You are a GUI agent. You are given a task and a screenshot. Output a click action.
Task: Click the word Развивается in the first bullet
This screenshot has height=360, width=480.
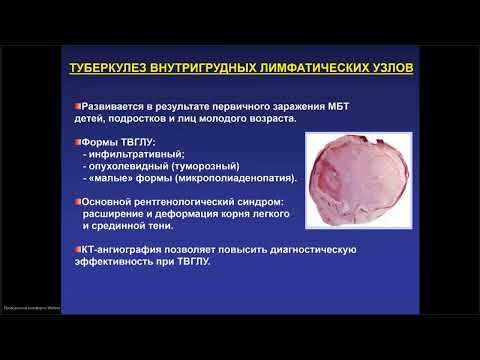tap(120, 105)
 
